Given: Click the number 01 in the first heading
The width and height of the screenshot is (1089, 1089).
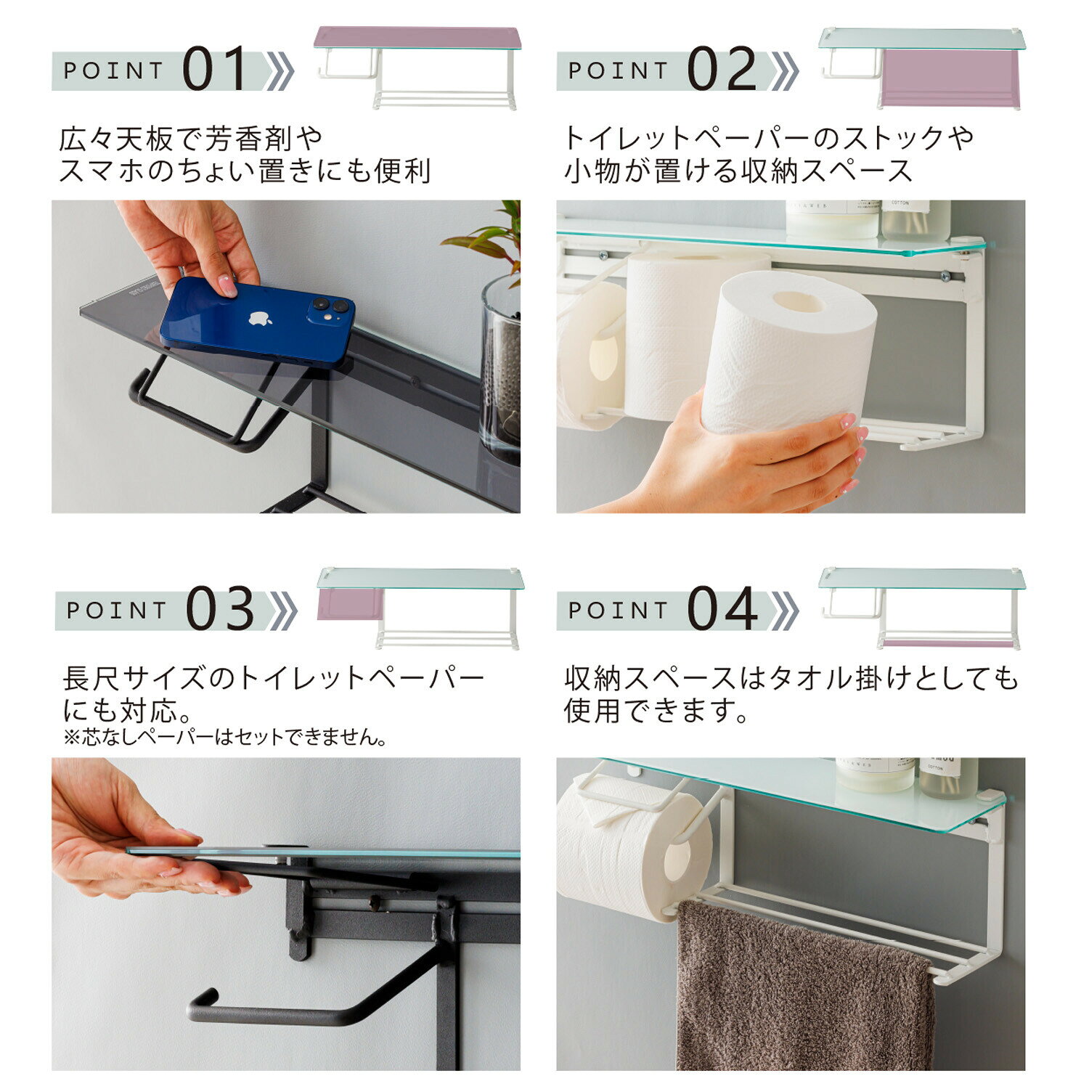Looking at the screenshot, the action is click(x=215, y=70).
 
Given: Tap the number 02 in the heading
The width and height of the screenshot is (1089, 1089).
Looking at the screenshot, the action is click(x=722, y=70).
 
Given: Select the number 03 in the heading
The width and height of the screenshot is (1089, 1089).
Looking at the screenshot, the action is click(x=220, y=608).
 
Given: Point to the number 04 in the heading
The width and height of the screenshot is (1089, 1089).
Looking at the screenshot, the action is click(x=722, y=608).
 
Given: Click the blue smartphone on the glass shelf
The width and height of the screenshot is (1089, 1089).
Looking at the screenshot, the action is click(x=257, y=321).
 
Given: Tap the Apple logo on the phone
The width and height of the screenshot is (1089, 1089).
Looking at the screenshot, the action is click(x=261, y=318).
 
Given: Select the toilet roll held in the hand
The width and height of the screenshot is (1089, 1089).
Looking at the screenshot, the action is click(x=788, y=352).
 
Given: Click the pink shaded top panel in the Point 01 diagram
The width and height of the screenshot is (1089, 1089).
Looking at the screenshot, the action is click(x=417, y=38).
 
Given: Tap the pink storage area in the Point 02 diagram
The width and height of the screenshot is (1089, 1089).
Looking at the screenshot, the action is click(x=951, y=78).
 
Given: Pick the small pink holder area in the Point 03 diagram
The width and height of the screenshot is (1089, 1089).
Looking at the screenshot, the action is click(x=350, y=604).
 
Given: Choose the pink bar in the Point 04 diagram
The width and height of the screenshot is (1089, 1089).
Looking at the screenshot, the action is click(x=947, y=643).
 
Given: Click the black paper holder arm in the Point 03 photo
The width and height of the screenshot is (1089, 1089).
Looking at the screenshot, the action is click(x=319, y=995).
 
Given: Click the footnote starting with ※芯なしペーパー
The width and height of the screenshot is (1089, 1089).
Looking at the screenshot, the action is click(x=225, y=738).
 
